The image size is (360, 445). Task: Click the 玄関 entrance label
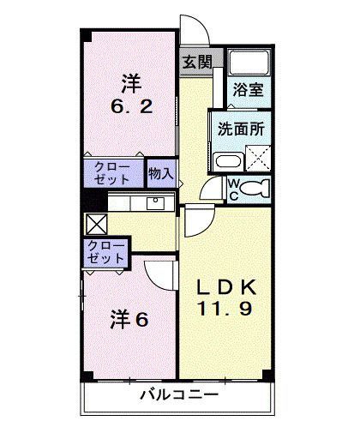198,62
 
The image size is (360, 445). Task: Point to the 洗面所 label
238,133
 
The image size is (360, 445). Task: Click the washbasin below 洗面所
229,160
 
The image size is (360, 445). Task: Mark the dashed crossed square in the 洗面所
257,159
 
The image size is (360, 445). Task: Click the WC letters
231,187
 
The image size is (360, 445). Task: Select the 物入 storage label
160,172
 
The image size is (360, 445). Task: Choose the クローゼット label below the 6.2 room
114,172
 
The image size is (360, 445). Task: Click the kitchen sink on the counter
155,203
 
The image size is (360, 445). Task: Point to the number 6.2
130,108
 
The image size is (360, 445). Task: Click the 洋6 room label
129,320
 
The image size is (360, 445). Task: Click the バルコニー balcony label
180,395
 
